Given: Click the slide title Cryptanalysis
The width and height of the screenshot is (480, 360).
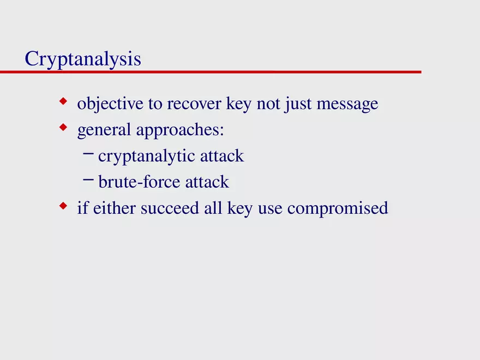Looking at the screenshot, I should (x=82, y=59).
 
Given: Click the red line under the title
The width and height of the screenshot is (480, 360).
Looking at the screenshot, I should (x=218, y=71).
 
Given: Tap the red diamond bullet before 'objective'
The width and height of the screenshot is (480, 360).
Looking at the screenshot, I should (x=63, y=101).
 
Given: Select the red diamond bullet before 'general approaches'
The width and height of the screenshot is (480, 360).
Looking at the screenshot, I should (x=63, y=128).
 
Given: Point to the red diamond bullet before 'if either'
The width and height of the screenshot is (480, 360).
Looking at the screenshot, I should (x=63, y=206).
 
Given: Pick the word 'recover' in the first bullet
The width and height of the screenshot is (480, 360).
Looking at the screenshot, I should (x=194, y=104).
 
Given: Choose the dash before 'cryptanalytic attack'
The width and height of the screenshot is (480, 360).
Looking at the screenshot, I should (x=88, y=155).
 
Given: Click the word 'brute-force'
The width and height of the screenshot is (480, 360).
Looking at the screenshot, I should (x=139, y=182).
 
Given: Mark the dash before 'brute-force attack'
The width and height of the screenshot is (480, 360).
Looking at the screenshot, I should (x=88, y=181).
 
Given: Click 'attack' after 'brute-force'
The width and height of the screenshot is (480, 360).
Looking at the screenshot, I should (x=207, y=182).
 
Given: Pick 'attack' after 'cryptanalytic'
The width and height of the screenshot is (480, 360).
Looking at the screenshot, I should (x=221, y=156).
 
